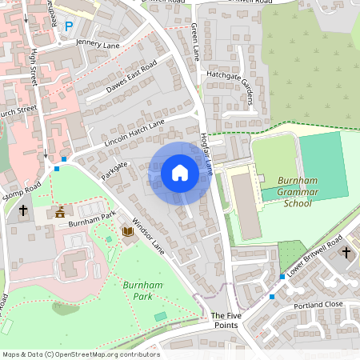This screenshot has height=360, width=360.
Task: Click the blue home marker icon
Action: click(180, 172)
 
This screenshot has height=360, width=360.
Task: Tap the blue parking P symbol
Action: click(69, 26)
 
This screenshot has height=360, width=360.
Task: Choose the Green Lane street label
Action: click(195, 41)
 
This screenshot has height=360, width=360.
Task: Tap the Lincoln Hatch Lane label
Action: click(134, 132)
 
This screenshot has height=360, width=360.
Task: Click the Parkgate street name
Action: click(115, 169)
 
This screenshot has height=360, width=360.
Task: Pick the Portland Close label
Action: click(318, 305)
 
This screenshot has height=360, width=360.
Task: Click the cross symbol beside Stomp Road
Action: click(23, 211)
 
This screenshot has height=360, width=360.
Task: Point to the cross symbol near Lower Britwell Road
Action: click(346, 253)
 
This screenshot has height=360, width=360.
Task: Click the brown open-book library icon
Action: click(127, 232)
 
